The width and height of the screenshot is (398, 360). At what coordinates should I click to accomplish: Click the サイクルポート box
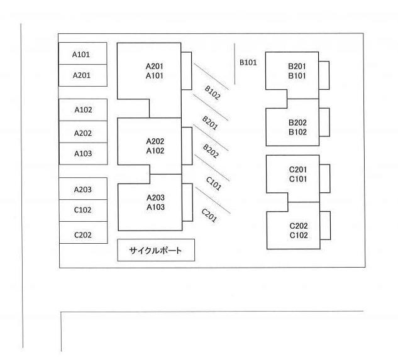click(156, 250)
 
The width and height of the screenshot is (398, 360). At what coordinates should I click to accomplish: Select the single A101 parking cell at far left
click(82, 54)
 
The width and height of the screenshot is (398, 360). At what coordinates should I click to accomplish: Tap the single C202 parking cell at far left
click(82, 235)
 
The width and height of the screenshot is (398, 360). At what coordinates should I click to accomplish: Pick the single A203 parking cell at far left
click(82, 189)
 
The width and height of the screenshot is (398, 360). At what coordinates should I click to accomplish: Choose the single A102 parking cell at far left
click(82, 109)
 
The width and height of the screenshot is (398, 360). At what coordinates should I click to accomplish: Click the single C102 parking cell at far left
click(82, 210)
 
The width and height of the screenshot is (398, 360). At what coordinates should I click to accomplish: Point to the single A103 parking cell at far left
click(82, 153)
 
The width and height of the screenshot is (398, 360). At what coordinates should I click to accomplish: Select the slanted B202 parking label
click(211, 151)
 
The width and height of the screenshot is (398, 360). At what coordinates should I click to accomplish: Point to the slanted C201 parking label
click(209, 215)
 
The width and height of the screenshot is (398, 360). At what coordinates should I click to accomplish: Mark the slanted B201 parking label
click(210, 122)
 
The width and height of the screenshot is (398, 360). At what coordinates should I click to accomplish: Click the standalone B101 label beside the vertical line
click(248, 63)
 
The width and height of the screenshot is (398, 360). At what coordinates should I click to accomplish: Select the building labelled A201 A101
click(154, 70)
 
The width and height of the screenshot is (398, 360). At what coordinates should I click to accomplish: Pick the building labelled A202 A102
click(154, 145)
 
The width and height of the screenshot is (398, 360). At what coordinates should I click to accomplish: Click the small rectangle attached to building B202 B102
click(324, 122)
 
